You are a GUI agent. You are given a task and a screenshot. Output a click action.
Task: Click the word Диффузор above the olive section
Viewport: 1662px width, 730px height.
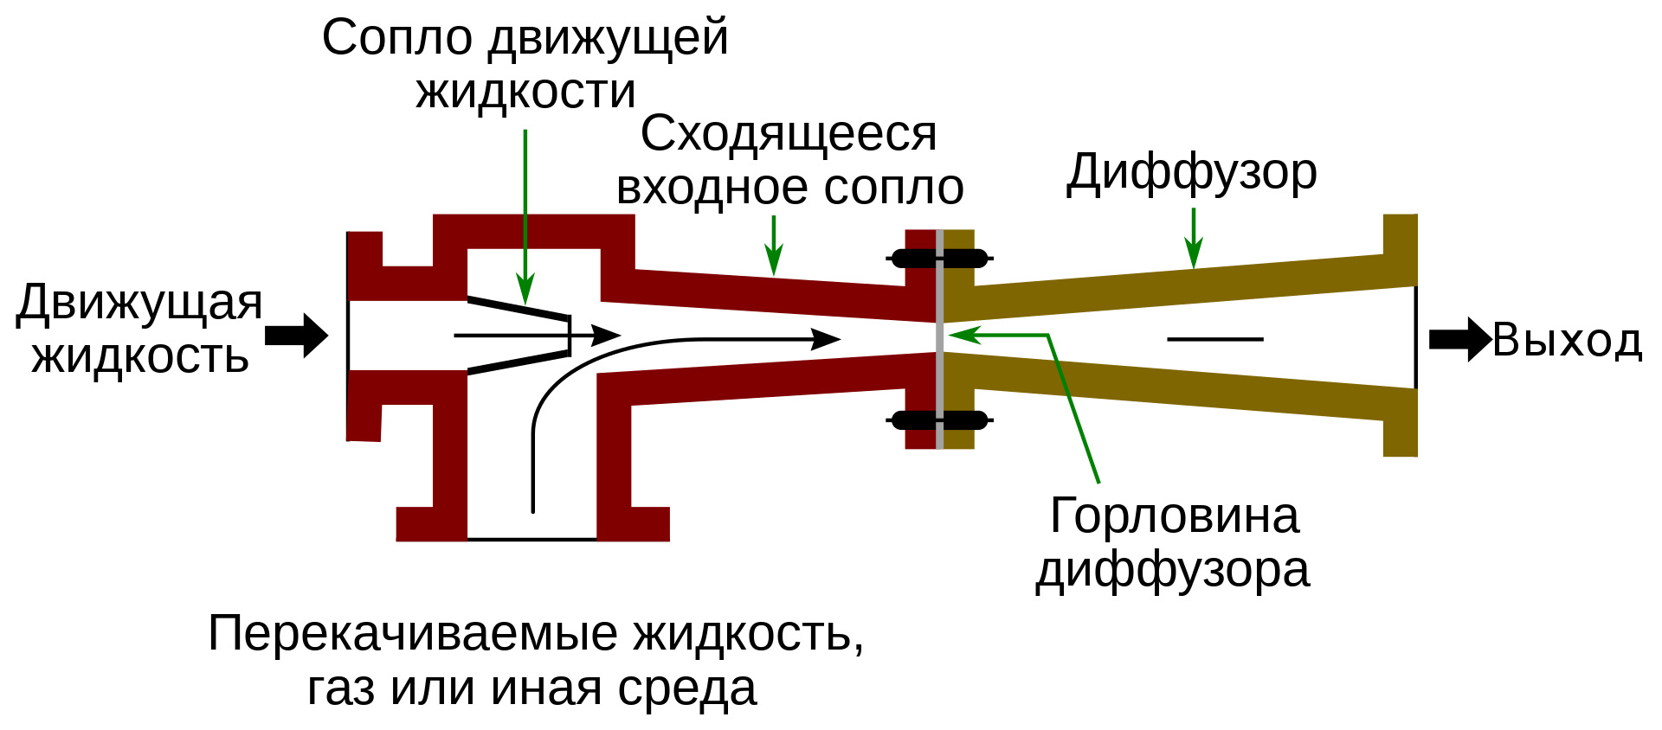(x=1191, y=173)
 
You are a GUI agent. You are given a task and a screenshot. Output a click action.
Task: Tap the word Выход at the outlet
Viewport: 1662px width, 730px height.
(x=1567, y=340)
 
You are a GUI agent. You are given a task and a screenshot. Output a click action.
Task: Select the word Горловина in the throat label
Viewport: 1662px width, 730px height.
(x=1174, y=516)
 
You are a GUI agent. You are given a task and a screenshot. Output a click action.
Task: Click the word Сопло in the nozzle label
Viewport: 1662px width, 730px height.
(x=397, y=38)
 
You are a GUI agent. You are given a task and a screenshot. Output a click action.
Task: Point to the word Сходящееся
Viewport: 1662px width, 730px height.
(x=789, y=135)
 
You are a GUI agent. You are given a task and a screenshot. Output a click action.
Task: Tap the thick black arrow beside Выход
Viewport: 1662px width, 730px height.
(x=1459, y=339)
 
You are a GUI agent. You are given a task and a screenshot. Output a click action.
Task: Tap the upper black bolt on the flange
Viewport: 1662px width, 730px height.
(x=939, y=258)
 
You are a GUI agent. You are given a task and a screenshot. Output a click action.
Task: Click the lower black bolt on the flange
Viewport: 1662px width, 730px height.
(x=939, y=420)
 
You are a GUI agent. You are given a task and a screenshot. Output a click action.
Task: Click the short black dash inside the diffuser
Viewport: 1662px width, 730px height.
(x=1214, y=339)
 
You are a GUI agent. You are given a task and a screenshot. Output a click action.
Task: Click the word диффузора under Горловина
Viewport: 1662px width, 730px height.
(x=1173, y=571)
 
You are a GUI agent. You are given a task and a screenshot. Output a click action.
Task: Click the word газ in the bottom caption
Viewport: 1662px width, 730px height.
(x=341, y=689)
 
